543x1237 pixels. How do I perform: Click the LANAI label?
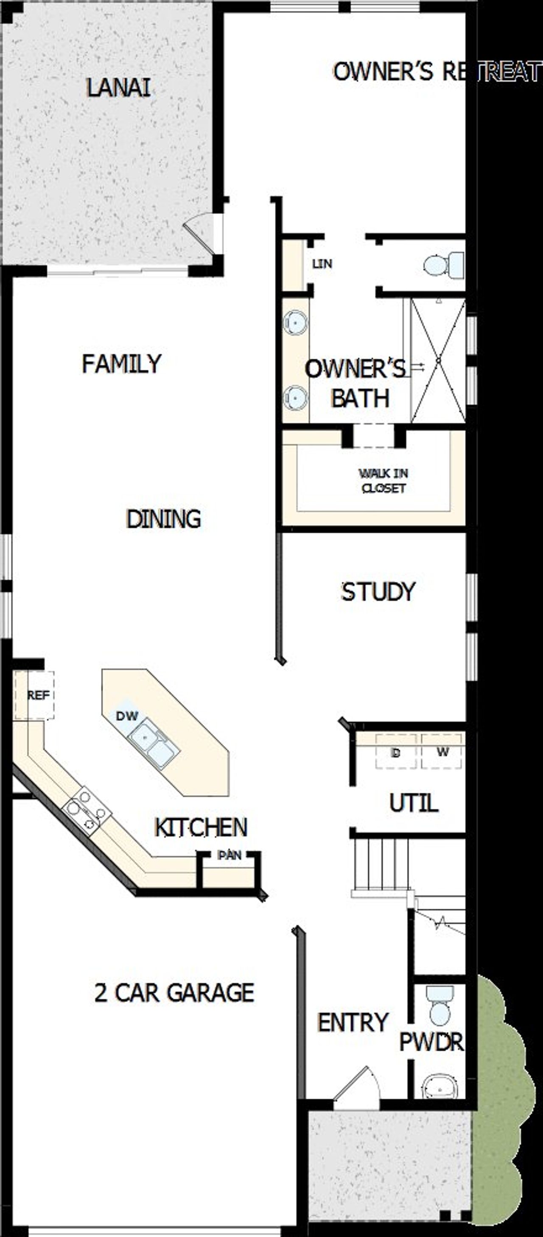(x=118, y=88)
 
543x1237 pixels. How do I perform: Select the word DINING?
(x=163, y=518)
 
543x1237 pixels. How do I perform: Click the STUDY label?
(x=378, y=592)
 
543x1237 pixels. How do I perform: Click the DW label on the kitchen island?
(x=127, y=716)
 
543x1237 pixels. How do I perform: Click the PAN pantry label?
(x=229, y=855)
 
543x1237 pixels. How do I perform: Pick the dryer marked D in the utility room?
(x=395, y=752)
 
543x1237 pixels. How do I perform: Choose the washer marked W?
(x=442, y=752)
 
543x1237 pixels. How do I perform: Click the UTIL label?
(x=413, y=803)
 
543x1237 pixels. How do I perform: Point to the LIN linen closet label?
(x=322, y=264)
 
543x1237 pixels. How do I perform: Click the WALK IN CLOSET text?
(x=383, y=481)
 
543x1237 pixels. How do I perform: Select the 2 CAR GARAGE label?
(x=174, y=993)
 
